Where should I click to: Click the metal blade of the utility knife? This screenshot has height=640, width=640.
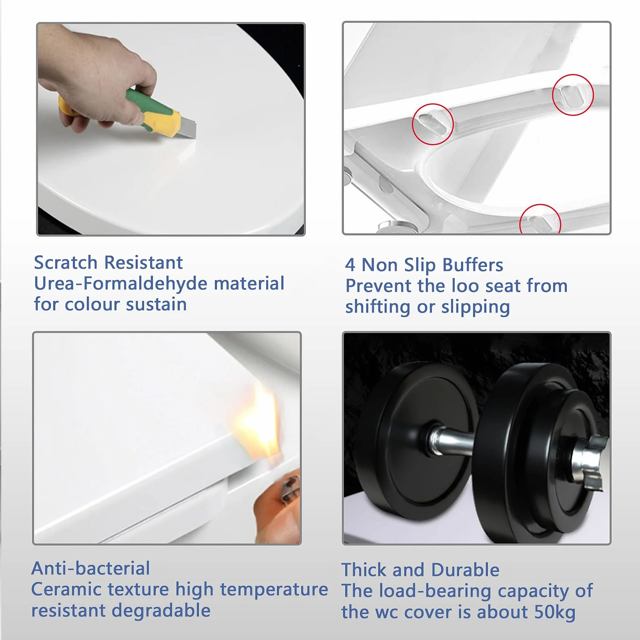(187, 128)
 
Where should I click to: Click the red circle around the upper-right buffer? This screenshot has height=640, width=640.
(573, 95)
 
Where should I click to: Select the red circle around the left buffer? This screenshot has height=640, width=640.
(433, 124)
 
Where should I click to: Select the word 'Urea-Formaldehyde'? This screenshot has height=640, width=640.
(121, 283)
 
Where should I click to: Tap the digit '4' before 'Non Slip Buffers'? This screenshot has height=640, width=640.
(350, 265)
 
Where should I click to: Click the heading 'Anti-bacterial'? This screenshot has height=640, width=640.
(91, 568)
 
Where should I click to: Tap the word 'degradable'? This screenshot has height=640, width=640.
(161, 611)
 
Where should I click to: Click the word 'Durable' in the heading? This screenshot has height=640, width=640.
(465, 570)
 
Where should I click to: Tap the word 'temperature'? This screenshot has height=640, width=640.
(274, 590)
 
